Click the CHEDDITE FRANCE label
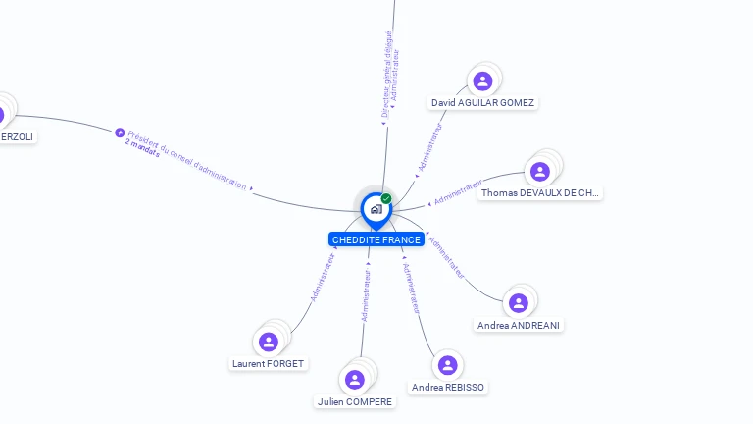376,239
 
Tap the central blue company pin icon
376,209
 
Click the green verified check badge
386,198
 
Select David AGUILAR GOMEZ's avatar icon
481,80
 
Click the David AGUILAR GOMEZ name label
483,102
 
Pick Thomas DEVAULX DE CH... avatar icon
539,172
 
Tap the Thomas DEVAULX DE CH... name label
539,193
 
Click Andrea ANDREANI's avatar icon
519,303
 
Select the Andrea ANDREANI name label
521,325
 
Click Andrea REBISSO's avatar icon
447,365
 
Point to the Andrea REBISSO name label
448,388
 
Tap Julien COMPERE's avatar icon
355,380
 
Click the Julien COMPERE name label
355,401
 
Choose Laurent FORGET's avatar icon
269,342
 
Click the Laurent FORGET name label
269,363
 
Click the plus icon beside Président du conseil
120,132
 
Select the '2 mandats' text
142,148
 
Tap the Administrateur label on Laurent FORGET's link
324,276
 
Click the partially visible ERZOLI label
17,136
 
